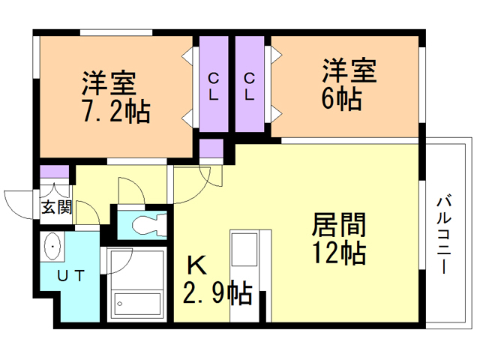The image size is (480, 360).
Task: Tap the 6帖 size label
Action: pyautogui.click(x=340, y=97)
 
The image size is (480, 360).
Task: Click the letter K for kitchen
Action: pyautogui.click(x=195, y=264)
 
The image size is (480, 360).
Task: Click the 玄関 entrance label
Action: pyautogui.click(x=55, y=207)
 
